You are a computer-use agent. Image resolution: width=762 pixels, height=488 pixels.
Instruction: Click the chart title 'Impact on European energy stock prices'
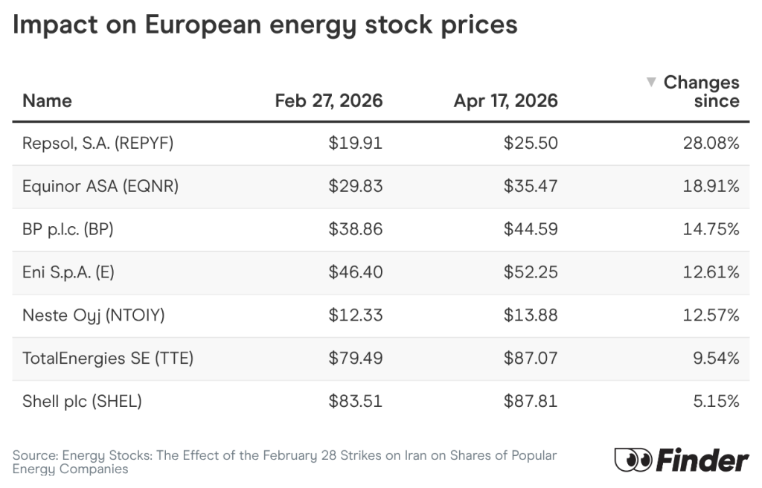[x=265, y=25]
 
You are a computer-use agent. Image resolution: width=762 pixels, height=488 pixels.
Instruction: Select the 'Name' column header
[x=47, y=100]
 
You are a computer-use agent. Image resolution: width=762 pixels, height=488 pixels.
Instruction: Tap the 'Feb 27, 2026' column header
[x=328, y=100]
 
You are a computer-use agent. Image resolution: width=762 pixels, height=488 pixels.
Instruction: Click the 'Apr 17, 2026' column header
[x=505, y=100]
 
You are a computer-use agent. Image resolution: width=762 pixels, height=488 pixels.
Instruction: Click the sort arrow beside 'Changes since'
[x=651, y=82]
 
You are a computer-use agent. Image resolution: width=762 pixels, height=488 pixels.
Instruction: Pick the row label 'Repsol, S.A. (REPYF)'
[x=97, y=143]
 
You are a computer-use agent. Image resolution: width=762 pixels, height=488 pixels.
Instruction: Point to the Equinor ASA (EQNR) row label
[x=101, y=186]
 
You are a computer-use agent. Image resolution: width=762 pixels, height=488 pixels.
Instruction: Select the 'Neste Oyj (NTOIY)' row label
[x=93, y=315]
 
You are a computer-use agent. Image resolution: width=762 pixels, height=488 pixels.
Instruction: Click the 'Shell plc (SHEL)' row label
[x=82, y=402]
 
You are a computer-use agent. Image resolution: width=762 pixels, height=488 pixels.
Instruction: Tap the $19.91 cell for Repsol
[x=355, y=143]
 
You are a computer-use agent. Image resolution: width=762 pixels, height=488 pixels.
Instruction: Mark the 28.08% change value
[x=711, y=143]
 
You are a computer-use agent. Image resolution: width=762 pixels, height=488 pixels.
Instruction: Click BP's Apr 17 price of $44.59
[x=530, y=229]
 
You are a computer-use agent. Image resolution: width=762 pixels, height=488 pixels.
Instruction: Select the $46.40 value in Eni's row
[x=355, y=272]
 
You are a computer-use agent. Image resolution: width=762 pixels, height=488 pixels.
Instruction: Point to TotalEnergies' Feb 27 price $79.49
[x=355, y=359]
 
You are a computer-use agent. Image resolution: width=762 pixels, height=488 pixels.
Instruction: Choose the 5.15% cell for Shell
[x=715, y=402]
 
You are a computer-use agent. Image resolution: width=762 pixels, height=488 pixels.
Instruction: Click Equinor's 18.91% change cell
[x=711, y=186]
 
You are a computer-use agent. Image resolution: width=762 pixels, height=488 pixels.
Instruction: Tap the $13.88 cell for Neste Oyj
[x=530, y=315]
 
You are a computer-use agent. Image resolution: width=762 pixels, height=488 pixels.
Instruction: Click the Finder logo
[x=681, y=460]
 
